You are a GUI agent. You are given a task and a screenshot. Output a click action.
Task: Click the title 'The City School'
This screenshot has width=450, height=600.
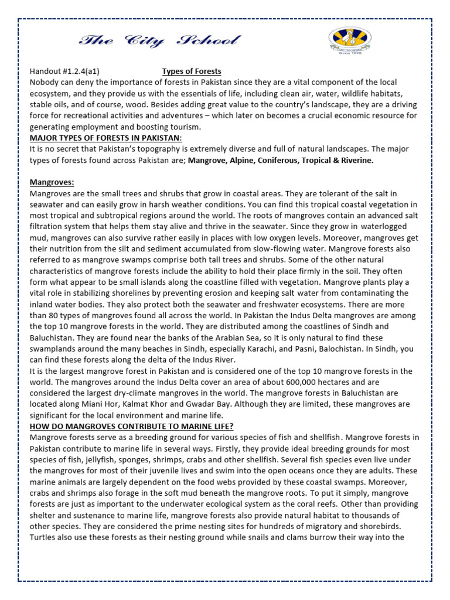[x=159, y=40]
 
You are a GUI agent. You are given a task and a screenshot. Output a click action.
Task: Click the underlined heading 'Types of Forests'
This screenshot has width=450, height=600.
[x=192, y=71]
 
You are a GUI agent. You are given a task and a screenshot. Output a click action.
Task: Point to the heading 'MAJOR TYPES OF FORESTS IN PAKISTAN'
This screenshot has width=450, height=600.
[x=106, y=138]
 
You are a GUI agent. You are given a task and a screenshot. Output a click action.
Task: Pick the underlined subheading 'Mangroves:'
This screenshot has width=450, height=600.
[x=52, y=182]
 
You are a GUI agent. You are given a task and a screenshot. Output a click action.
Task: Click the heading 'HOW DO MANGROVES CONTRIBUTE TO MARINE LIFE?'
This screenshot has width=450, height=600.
[x=131, y=426]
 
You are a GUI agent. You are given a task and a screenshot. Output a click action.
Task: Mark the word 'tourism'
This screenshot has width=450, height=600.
[x=184, y=127]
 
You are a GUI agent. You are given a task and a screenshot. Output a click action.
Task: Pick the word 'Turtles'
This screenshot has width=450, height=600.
[x=44, y=537]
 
